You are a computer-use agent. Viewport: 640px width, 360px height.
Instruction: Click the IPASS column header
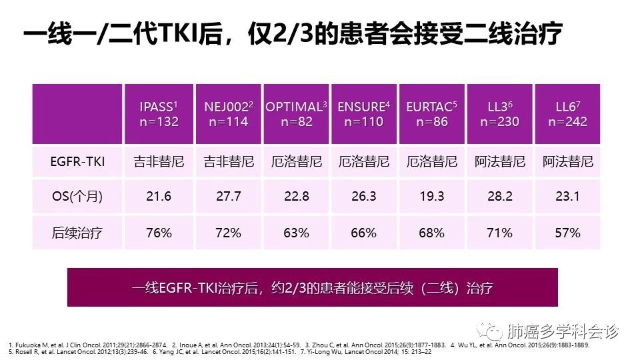(x=159, y=114)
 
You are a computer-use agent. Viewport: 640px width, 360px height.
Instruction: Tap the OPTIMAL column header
(x=296, y=114)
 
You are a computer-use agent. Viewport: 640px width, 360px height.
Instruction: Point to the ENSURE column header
(x=363, y=114)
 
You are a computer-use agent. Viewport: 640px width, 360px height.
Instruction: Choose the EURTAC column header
(x=431, y=114)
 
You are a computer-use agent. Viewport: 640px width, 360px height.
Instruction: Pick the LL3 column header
(x=499, y=114)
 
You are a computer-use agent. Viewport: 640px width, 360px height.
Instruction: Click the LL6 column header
(x=567, y=114)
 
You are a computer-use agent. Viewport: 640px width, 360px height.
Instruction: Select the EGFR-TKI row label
(x=78, y=162)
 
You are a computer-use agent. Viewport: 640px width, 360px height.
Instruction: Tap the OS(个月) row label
(x=78, y=197)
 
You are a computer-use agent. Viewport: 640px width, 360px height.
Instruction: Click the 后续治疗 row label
(x=78, y=233)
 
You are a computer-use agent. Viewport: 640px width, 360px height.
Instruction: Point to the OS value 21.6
(x=159, y=197)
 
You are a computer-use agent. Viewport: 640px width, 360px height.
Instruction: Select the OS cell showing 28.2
(x=499, y=197)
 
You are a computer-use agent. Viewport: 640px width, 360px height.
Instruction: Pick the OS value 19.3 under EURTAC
(x=431, y=197)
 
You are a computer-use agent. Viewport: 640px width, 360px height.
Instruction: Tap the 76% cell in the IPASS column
(x=159, y=233)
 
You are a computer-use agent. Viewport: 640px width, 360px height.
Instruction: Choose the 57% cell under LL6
(x=567, y=233)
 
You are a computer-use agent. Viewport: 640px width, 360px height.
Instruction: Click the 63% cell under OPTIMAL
(x=296, y=233)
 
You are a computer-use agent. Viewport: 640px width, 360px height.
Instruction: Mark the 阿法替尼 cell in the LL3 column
(x=499, y=162)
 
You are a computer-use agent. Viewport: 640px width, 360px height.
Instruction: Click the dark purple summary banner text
(x=312, y=287)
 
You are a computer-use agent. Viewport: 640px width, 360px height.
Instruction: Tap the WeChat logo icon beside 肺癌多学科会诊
(x=493, y=331)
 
